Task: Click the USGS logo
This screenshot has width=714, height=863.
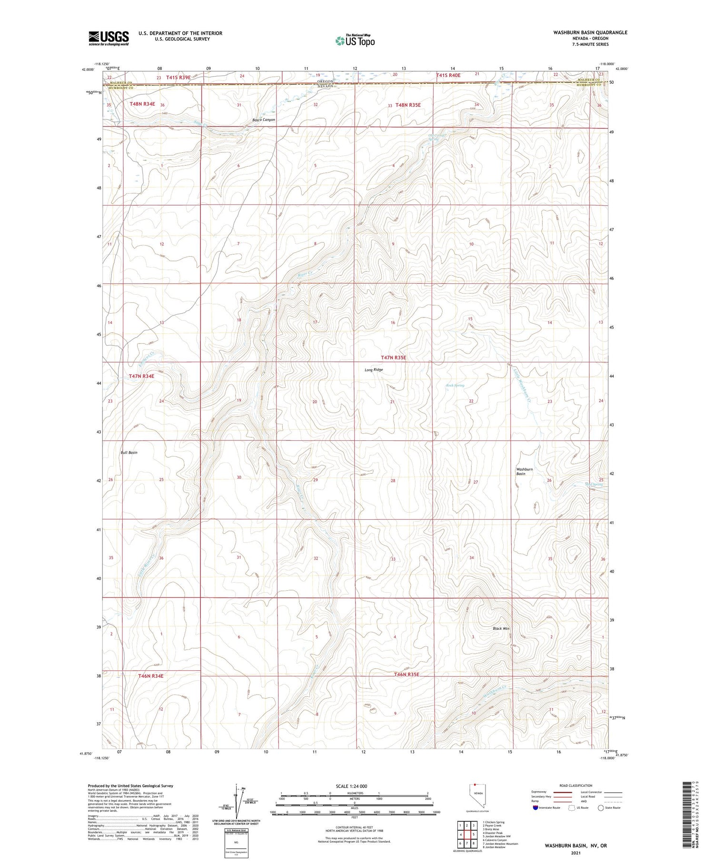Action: (109, 38)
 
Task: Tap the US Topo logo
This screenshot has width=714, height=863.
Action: (355, 41)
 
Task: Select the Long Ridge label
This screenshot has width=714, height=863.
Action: (374, 370)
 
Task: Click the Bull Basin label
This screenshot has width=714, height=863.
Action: (129, 453)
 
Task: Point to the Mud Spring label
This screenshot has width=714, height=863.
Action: (594, 485)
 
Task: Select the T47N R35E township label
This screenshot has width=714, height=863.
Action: (393, 357)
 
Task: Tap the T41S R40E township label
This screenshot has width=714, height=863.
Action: (448, 75)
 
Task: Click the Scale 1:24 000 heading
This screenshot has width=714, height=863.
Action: (354, 786)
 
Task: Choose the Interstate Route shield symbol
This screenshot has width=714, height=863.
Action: (535, 808)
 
